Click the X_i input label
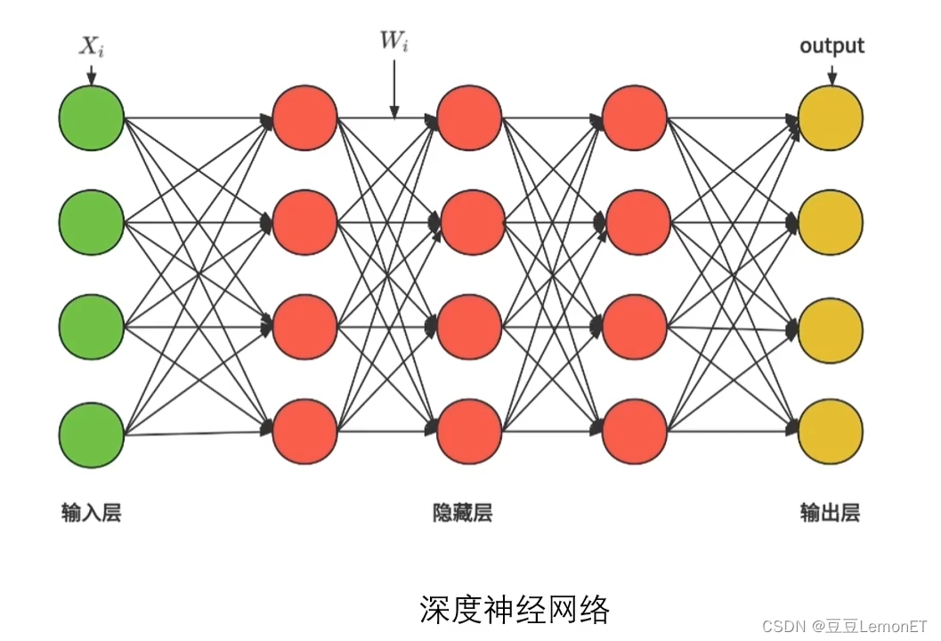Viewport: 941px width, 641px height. (x=91, y=47)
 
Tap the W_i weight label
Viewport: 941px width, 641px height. (x=393, y=41)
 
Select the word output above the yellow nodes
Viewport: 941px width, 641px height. (x=831, y=45)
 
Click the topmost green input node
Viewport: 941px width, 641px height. (x=91, y=118)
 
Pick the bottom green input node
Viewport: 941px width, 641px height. (x=91, y=434)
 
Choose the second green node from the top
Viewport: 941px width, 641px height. (x=91, y=223)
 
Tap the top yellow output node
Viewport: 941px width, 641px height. (x=831, y=118)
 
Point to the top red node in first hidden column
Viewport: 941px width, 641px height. (x=304, y=118)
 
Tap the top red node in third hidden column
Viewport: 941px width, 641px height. (x=635, y=118)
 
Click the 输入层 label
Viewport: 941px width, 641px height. (x=91, y=513)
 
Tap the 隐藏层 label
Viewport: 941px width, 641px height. (x=462, y=513)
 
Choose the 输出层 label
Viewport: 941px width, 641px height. (x=830, y=513)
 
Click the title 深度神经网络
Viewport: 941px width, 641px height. (x=514, y=610)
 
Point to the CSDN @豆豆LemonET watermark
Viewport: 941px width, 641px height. (x=845, y=626)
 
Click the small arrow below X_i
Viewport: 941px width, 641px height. (x=91, y=75)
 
